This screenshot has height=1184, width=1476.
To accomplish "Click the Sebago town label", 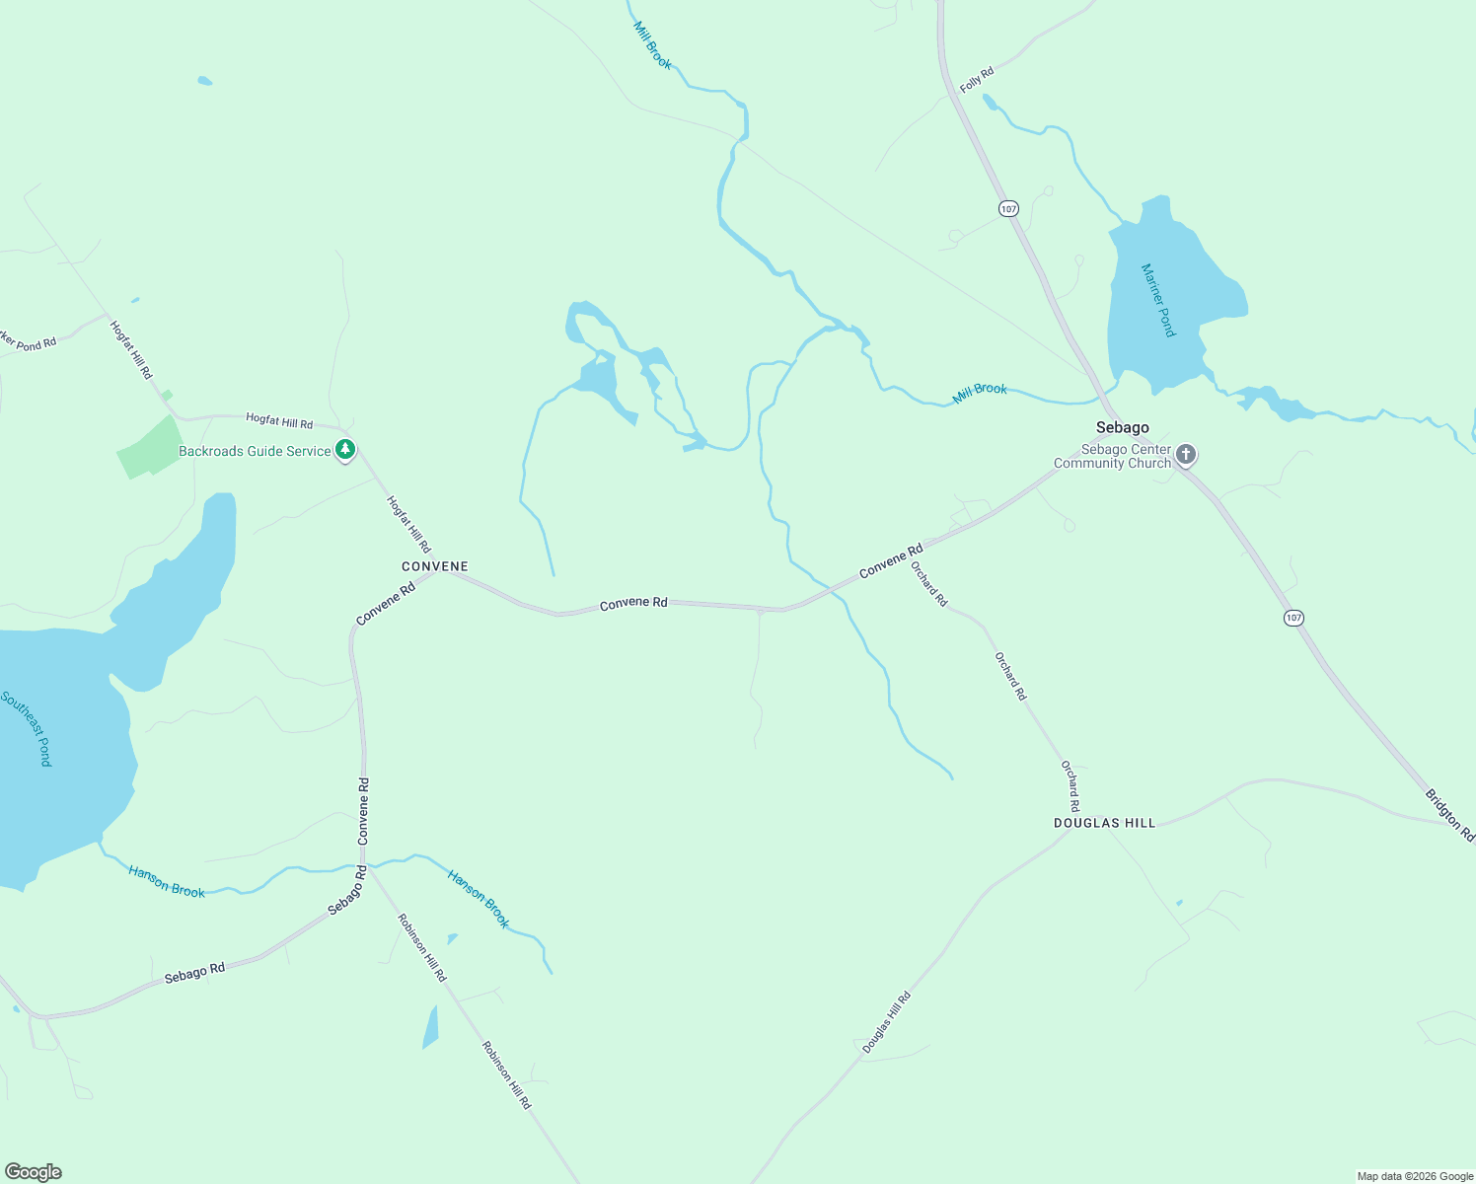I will click(1122, 427).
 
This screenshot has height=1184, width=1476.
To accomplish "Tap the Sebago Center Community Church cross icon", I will click(1186, 454).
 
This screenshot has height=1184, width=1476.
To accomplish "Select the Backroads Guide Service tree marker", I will click(344, 450).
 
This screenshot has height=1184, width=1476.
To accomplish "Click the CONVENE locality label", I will click(435, 566).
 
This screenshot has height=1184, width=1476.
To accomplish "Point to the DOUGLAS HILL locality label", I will click(1104, 823).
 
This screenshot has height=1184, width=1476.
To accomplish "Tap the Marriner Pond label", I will click(1158, 300).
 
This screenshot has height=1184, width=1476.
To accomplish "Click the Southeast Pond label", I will click(27, 728).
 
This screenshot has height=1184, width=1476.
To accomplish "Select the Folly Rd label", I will click(977, 80).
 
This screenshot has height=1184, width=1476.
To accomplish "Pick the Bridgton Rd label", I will click(1449, 814).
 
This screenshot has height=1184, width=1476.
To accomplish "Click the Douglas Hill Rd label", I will click(886, 1023).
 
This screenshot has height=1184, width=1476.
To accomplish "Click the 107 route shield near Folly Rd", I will click(1007, 208).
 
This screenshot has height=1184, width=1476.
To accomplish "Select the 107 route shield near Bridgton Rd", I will click(1293, 618).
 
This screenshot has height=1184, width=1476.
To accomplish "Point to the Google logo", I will click(34, 1172).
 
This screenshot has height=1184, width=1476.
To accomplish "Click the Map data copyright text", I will click(1415, 1176).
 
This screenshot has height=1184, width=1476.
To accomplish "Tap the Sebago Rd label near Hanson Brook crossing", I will click(346, 890).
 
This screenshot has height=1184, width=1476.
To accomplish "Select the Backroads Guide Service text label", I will click(255, 451).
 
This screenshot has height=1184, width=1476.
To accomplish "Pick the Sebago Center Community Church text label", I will click(1112, 456).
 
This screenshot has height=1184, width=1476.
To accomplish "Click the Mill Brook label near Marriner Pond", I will click(980, 392).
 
